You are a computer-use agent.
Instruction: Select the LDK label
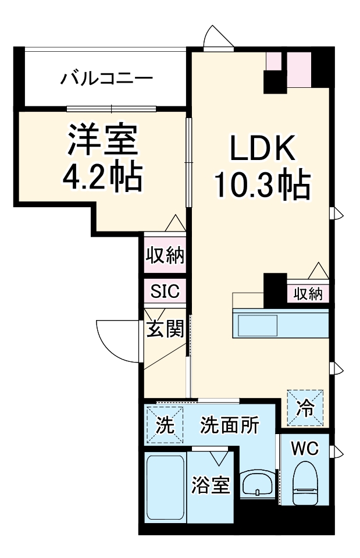click(x=263, y=148)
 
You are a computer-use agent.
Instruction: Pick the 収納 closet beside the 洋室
click(x=165, y=255)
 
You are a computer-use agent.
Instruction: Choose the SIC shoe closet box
click(x=165, y=290)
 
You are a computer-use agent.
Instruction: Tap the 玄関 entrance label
click(x=165, y=329)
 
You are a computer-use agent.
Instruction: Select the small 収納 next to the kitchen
click(x=307, y=294)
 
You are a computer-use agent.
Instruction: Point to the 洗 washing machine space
click(x=165, y=425)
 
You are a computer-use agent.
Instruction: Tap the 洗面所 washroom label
click(x=229, y=426)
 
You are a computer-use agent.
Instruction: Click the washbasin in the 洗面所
click(x=255, y=485)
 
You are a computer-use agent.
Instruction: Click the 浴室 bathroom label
click(x=211, y=485)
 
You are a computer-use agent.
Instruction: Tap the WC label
click(x=305, y=449)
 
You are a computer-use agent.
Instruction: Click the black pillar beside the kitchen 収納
click(x=272, y=290)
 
